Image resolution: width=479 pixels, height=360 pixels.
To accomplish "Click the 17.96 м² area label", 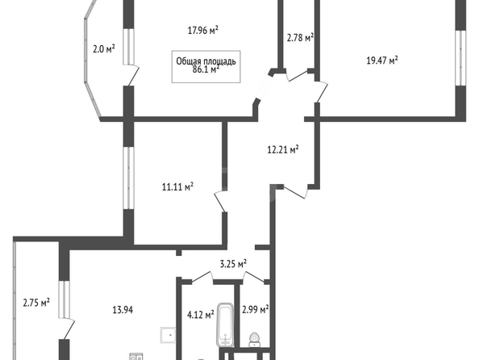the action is (x=203, y=31).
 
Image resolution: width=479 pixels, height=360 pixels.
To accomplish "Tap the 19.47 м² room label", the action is (x=382, y=61).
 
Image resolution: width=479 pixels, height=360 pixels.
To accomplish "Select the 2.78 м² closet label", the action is (x=300, y=38).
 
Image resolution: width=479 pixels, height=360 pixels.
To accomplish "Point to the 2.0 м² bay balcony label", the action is (x=104, y=48).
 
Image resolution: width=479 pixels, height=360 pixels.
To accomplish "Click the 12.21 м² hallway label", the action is (x=283, y=150).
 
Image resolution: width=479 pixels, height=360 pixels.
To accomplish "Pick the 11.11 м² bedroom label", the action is (x=177, y=186).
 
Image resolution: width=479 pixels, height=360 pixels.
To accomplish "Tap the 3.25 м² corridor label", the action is (x=233, y=264).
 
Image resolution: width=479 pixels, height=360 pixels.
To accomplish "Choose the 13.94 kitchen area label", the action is (x=123, y=310).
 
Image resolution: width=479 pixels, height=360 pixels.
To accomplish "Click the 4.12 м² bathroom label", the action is (x=201, y=314).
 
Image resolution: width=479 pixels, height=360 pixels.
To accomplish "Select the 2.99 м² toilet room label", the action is (x=256, y=309).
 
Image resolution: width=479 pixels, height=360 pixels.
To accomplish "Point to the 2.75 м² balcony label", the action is (x=36, y=303).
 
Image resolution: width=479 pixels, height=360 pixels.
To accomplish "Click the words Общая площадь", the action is (x=206, y=61).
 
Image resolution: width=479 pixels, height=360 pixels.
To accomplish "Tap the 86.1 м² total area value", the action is (x=206, y=69).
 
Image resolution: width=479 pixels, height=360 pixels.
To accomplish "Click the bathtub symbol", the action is (x=226, y=324).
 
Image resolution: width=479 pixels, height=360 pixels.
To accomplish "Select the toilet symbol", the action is (x=255, y=340).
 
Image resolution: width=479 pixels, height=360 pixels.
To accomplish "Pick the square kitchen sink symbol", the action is (x=168, y=335).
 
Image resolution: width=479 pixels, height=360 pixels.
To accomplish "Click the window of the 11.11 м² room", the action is (x=128, y=178).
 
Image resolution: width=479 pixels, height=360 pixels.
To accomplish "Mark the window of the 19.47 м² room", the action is (x=460, y=58).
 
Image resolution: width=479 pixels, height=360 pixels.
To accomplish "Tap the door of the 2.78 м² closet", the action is (x=298, y=76).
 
